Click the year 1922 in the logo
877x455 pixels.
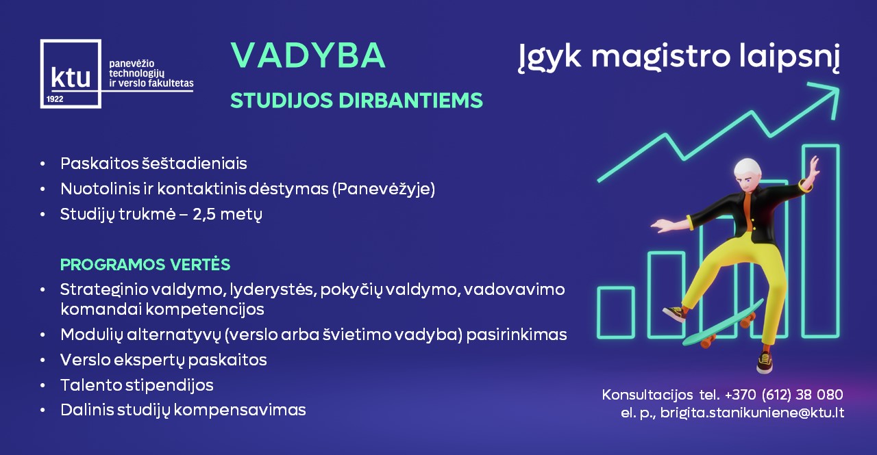click(55, 99)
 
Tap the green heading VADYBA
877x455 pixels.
click(308, 55)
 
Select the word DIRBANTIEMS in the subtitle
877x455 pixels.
click(410, 101)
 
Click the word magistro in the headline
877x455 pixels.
click(660, 57)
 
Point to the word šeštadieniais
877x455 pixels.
click(194, 164)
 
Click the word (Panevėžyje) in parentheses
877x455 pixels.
click(384, 190)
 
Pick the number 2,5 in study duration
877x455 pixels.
click(204, 215)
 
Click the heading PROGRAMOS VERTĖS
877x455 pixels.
click(145, 265)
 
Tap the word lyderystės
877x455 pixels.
click(273, 290)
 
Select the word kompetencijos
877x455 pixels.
click(205, 309)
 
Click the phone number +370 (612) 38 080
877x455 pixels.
click(784, 394)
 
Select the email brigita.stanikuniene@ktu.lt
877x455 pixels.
click(752, 413)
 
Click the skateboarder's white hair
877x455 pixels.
click(748, 168)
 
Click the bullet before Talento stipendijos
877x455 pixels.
click(42, 385)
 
